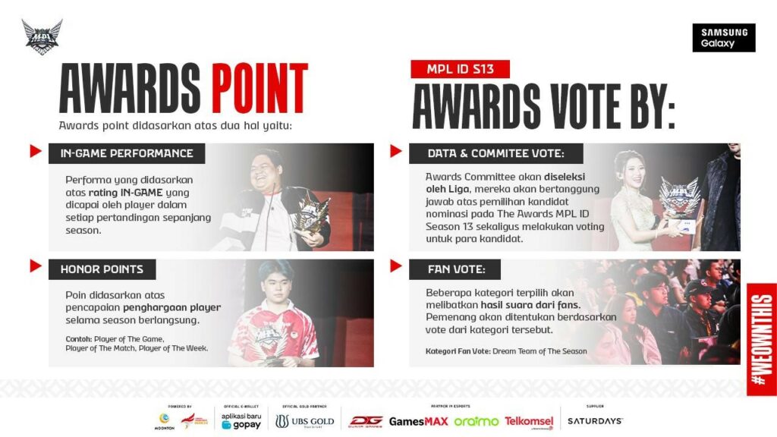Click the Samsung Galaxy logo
(x=723, y=38)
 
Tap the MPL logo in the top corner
(x=42, y=36)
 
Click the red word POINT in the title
(x=260, y=89)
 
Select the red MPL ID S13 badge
(x=460, y=69)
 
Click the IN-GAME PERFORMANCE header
(x=127, y=153)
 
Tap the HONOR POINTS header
(x=102, y=269)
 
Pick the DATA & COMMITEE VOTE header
(x=495, y=153)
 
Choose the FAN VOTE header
(x=453, y=269)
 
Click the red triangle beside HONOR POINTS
(x=35, y=266)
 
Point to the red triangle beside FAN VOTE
(x=395, y=266)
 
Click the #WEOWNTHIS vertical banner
(x=761, y=339)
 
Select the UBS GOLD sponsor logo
(x=305, y=420)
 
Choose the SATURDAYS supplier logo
(x=594, y=420)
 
